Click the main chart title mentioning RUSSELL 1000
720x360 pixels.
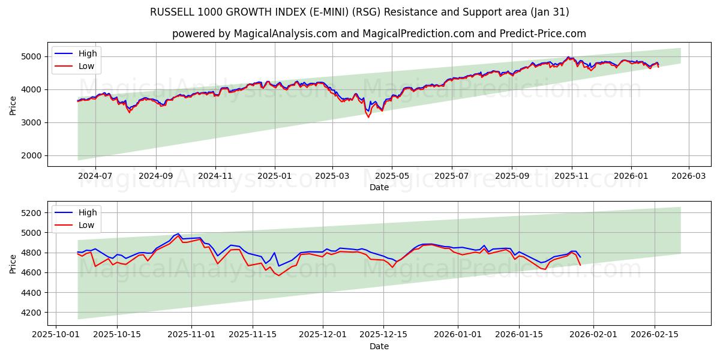tap(360, 12)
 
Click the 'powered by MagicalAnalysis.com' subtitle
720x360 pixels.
tap(379, 34)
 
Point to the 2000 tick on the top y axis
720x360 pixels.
tap(33, 155)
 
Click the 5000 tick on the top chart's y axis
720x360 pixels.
tap(33, 56)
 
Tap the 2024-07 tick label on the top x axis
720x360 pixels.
tap(95, 176)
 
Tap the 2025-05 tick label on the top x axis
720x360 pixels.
tap(392, 176)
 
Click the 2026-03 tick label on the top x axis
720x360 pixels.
tap(688, 176)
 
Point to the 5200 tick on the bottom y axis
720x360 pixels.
tap(33, 212)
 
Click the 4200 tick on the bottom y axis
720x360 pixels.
tap(33, 313)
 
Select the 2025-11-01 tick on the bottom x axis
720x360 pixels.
tap(191, 335)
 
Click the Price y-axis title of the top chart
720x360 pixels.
tap(13, 104)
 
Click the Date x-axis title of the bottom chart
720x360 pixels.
tap(379, 346)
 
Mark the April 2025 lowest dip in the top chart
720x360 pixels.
tap(368, 117)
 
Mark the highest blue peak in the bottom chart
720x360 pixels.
tap(178, 233)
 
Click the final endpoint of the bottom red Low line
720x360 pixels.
tap(580, 265)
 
